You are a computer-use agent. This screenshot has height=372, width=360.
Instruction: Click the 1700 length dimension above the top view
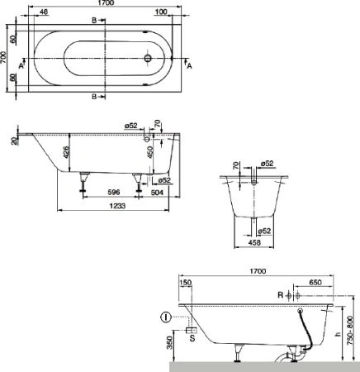pos(102,4)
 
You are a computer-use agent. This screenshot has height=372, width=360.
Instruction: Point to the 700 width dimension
pos(5,57)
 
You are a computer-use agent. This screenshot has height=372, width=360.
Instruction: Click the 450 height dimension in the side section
pos(149,152)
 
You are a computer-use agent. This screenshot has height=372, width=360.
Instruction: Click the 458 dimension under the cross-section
pos(255,243)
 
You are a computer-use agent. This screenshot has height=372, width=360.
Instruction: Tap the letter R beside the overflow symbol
pos(278,295)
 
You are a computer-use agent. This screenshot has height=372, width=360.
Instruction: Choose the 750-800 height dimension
pos(354,329)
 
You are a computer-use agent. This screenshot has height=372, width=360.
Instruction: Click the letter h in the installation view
pos(338,335)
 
